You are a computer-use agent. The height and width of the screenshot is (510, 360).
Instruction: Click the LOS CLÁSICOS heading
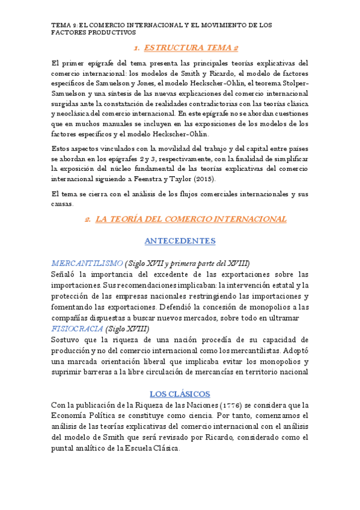180,394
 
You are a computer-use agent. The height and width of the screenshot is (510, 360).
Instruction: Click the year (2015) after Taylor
205,179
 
